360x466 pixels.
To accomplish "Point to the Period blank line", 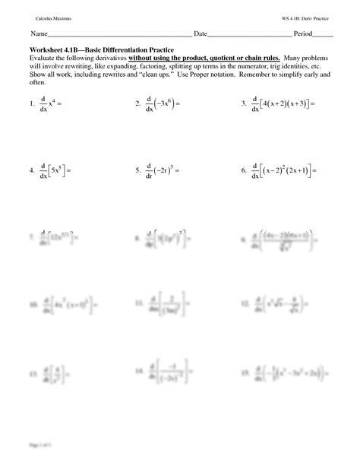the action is [x=323, y=36].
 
